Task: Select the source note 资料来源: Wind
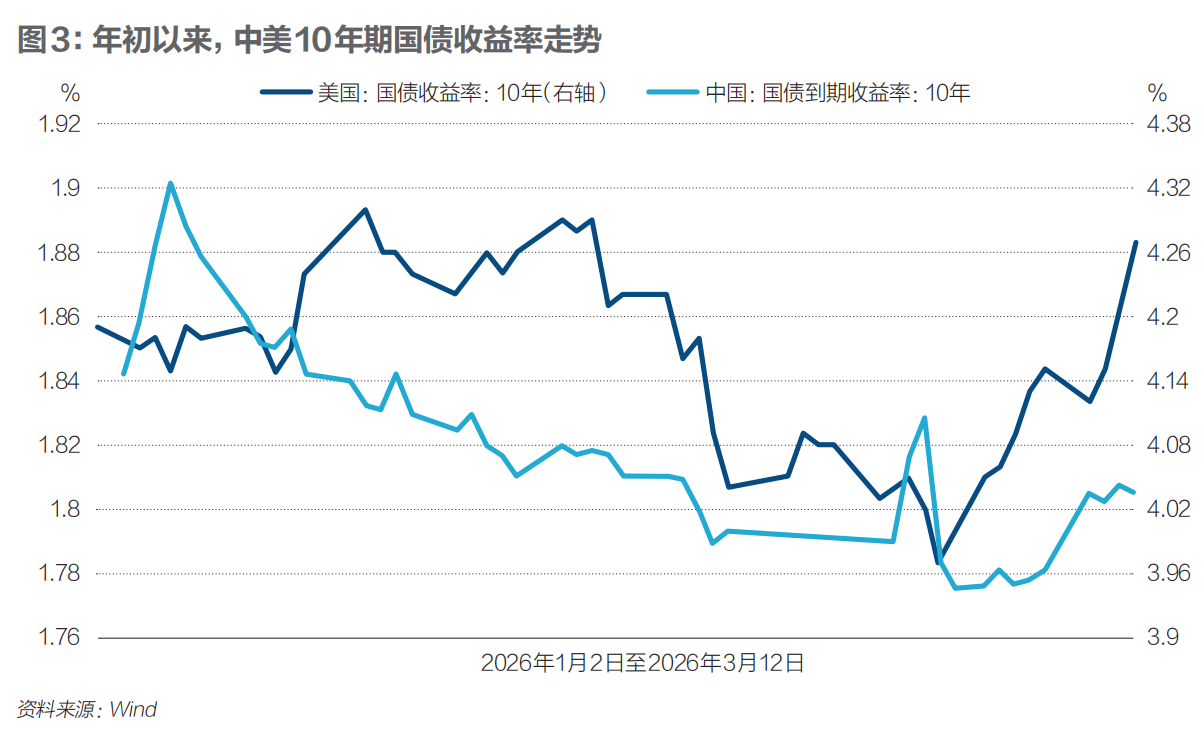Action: pyautogui.click(x=87, y=709)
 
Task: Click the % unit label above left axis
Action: pyautogui.click(x=70, y=93)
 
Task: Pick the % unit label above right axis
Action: pyautogui.click(x=1157, y=93)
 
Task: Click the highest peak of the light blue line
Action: pyautogui.click(x=171, y=183)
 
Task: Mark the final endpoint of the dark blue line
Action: pyautogui.click(x=1135, y=242)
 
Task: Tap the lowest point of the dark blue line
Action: pyautogui.click(x=939, y=562)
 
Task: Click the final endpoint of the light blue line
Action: pyautogui.click(x=1134, y=492)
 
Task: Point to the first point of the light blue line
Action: pyautogui.click(x=123, y=374)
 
